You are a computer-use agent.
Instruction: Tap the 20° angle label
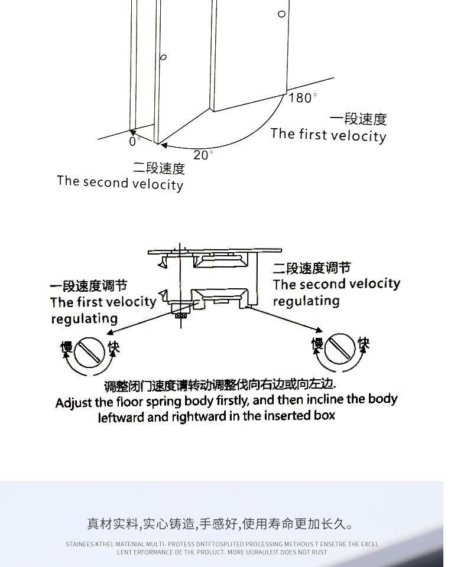pos(203,155)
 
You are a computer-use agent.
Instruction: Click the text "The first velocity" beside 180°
pos(328,135)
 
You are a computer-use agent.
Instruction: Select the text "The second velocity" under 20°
pos(120,183)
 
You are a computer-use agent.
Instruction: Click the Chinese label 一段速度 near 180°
pos(358,119)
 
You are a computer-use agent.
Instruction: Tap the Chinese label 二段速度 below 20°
pos(159,169)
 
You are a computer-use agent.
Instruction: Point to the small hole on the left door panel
pos(164,57)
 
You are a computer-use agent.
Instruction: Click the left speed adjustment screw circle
pos(89,351)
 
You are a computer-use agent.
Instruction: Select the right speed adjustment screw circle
pos(340,348)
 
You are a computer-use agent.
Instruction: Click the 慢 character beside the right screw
pos(318,344)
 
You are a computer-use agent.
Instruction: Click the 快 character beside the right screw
pos(363,343)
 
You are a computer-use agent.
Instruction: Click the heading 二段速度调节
pos(312,269)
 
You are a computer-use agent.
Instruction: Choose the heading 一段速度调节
pos(89,286)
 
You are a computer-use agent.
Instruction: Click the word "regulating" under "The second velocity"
pos(306,301)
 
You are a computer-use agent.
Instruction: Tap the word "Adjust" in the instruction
pos(74,403)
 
